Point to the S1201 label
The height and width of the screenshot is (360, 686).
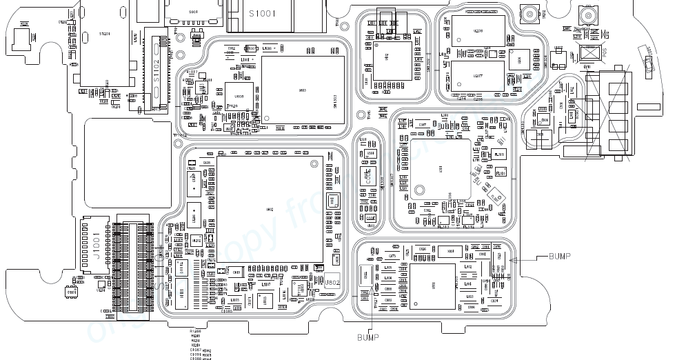(104, 33)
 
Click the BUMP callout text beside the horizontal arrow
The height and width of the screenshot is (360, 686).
(559, 257)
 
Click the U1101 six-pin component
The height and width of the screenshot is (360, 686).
(72, 293)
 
